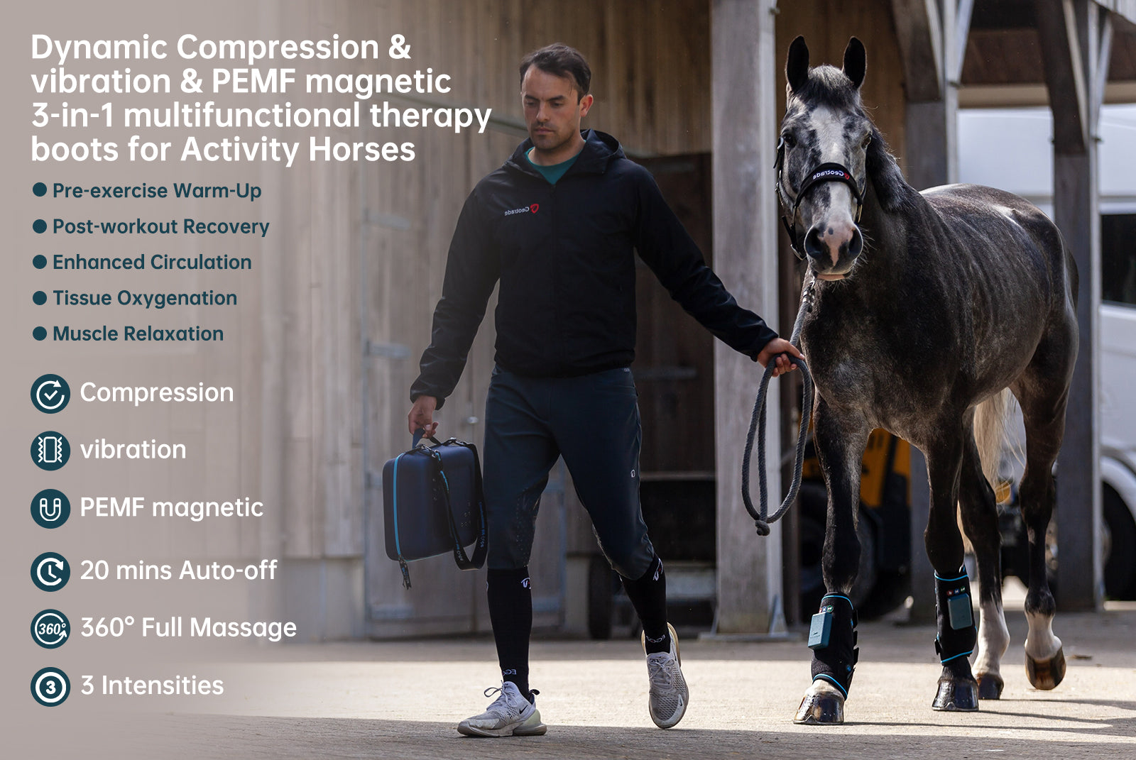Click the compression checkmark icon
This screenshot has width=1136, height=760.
pos(50,393)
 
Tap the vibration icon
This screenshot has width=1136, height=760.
pos(50,451)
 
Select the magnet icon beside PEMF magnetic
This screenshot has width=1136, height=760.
pos(50,509)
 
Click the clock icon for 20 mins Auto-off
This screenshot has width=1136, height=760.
pos(50,571)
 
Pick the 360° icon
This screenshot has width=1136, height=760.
pos(50,629)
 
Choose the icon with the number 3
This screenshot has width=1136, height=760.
pos(50,687)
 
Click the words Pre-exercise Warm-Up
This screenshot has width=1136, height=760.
pos(157,191)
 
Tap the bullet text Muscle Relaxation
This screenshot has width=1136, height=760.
pos(138,334)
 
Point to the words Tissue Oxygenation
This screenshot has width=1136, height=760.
pos(145,298)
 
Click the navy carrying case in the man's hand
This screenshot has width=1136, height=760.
pos(434,502)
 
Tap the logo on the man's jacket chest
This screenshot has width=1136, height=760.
pos(521,210)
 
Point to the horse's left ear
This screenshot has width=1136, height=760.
pos(854,62)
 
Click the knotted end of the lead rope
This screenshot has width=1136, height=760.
pos(762,527)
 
